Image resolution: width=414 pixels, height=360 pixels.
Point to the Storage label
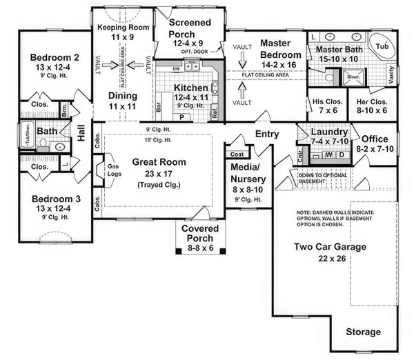click(363, 332)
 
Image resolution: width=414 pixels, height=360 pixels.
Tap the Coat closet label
click(236, 154)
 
